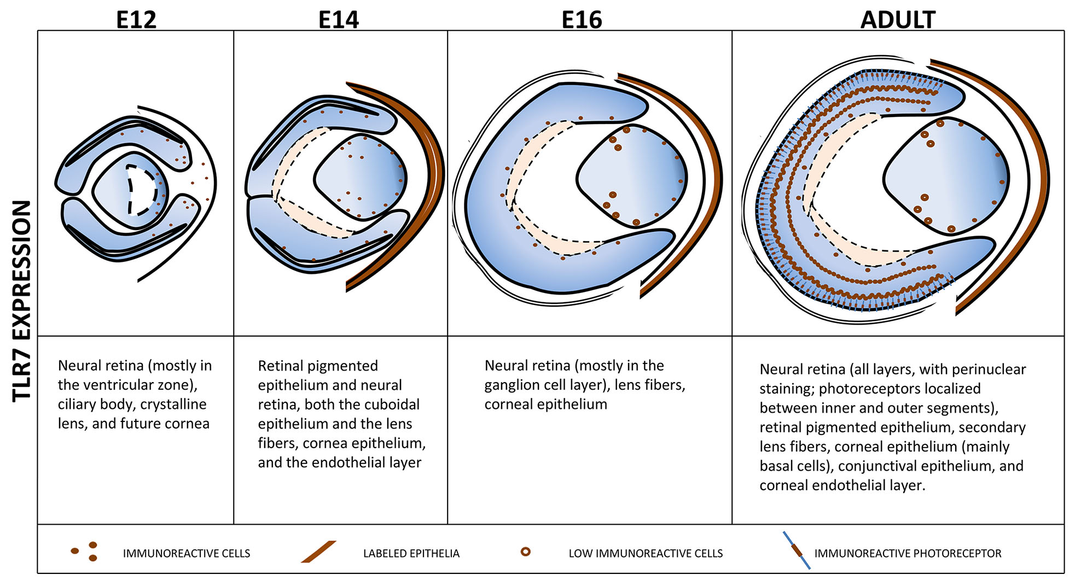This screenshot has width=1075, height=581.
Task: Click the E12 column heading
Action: pos(136,20)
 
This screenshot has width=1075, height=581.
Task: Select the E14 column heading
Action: pos(339,20)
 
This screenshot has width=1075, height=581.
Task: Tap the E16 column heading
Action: pos(582,20)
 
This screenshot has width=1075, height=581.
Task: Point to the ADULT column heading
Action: pos(898,20)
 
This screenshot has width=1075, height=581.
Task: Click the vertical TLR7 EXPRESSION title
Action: pos(22,301)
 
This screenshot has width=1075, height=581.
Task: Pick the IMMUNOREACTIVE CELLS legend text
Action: pos(186,554)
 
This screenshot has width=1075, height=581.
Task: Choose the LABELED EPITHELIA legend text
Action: pos(411,554)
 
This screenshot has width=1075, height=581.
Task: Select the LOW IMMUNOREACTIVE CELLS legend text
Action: pos(646,554)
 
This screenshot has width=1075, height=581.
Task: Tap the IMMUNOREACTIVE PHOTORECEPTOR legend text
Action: pos(908,554)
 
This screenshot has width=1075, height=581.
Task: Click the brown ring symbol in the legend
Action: pos(525,551)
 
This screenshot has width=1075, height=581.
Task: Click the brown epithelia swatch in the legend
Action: pos(318,551)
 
